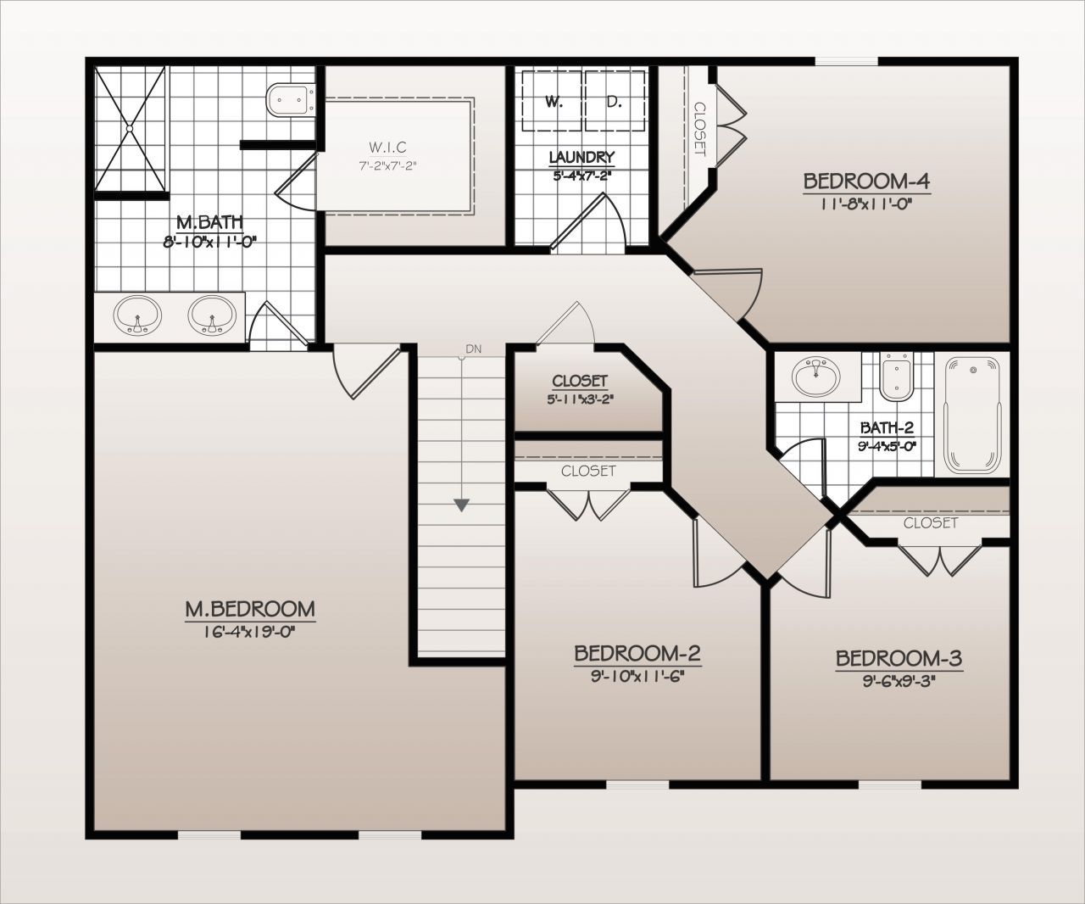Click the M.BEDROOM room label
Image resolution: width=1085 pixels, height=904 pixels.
click(x=250, y=609)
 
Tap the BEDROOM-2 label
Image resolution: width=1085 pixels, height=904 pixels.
click(x=637, y=654)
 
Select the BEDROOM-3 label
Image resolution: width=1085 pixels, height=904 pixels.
click(x=899, y=659)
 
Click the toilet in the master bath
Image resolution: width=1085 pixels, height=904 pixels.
click(x=291, y=100)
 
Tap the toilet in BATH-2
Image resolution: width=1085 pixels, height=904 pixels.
click(x=896, y=378)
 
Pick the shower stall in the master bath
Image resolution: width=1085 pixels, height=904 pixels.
click(x=131, y=129)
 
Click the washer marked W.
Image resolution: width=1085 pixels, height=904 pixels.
click(x=553, y=102)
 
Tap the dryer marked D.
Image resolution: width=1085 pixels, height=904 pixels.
click(x=615, y=102)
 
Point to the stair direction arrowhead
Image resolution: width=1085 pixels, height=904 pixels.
click(x=461, y=505)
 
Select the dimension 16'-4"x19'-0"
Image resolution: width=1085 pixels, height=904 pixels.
click(x=250, y=630)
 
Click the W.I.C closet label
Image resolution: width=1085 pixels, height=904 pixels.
click(x=387, y=148)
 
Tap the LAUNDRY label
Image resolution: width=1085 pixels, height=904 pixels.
click(x=581, y=157)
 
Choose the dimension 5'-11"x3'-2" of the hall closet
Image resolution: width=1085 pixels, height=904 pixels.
click(x=580, y=397)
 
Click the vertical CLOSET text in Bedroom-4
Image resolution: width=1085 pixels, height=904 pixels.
click(x=700, y=129)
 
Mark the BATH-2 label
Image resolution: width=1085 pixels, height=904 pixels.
click(x=887, y=427)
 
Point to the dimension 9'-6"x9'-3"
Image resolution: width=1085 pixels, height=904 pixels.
click(x=899, y=678)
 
